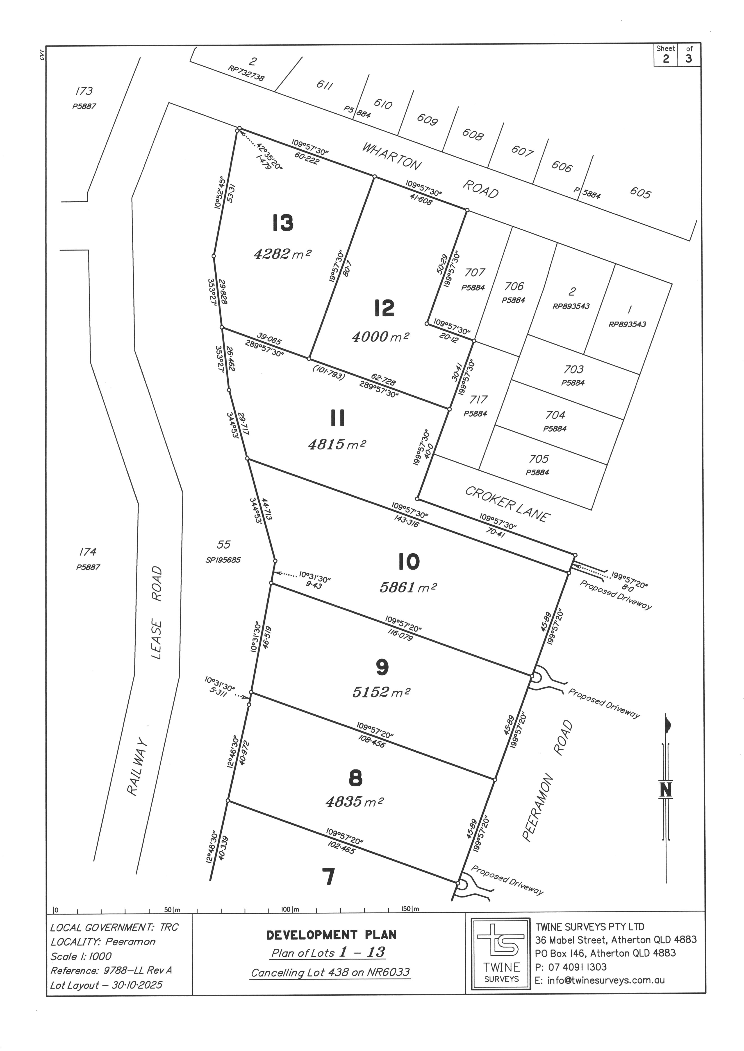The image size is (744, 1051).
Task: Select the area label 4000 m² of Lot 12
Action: click(380, 337)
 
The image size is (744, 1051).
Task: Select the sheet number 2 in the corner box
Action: click(666, 59)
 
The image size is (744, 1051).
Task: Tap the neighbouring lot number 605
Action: click(640, 193)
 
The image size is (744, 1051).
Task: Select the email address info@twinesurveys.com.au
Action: click(606, 980)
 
